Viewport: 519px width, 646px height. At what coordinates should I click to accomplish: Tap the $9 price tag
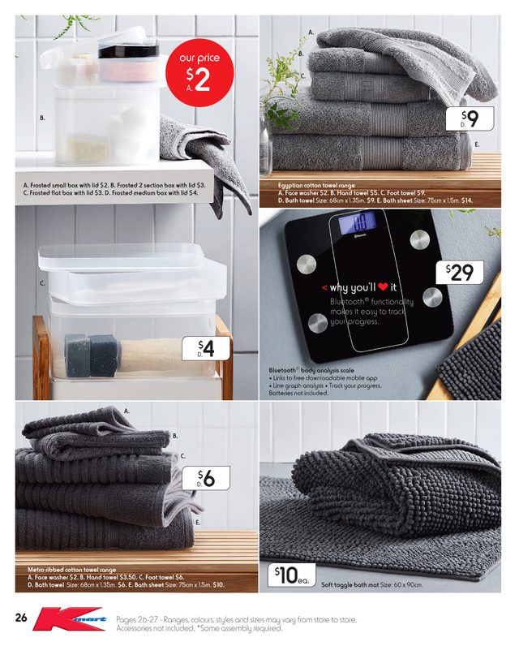[x=470, y=120]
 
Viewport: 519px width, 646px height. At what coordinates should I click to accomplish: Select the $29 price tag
[x=458, y=273]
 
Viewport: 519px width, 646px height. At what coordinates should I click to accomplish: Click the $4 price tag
[x=208, y=349]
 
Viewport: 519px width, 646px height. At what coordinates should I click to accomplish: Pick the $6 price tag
[x=206, y=478]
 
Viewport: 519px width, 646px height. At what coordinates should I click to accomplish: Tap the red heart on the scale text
[x=382, y=288]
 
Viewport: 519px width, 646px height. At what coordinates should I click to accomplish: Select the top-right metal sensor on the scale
[x=419, y=239]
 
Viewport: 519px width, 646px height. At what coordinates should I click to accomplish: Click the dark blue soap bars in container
[x=91, y=354]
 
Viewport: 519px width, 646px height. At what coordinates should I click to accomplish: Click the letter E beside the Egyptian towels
[x=477, y=144]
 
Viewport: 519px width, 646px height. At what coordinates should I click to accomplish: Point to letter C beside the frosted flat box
[x=41, y=284]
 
